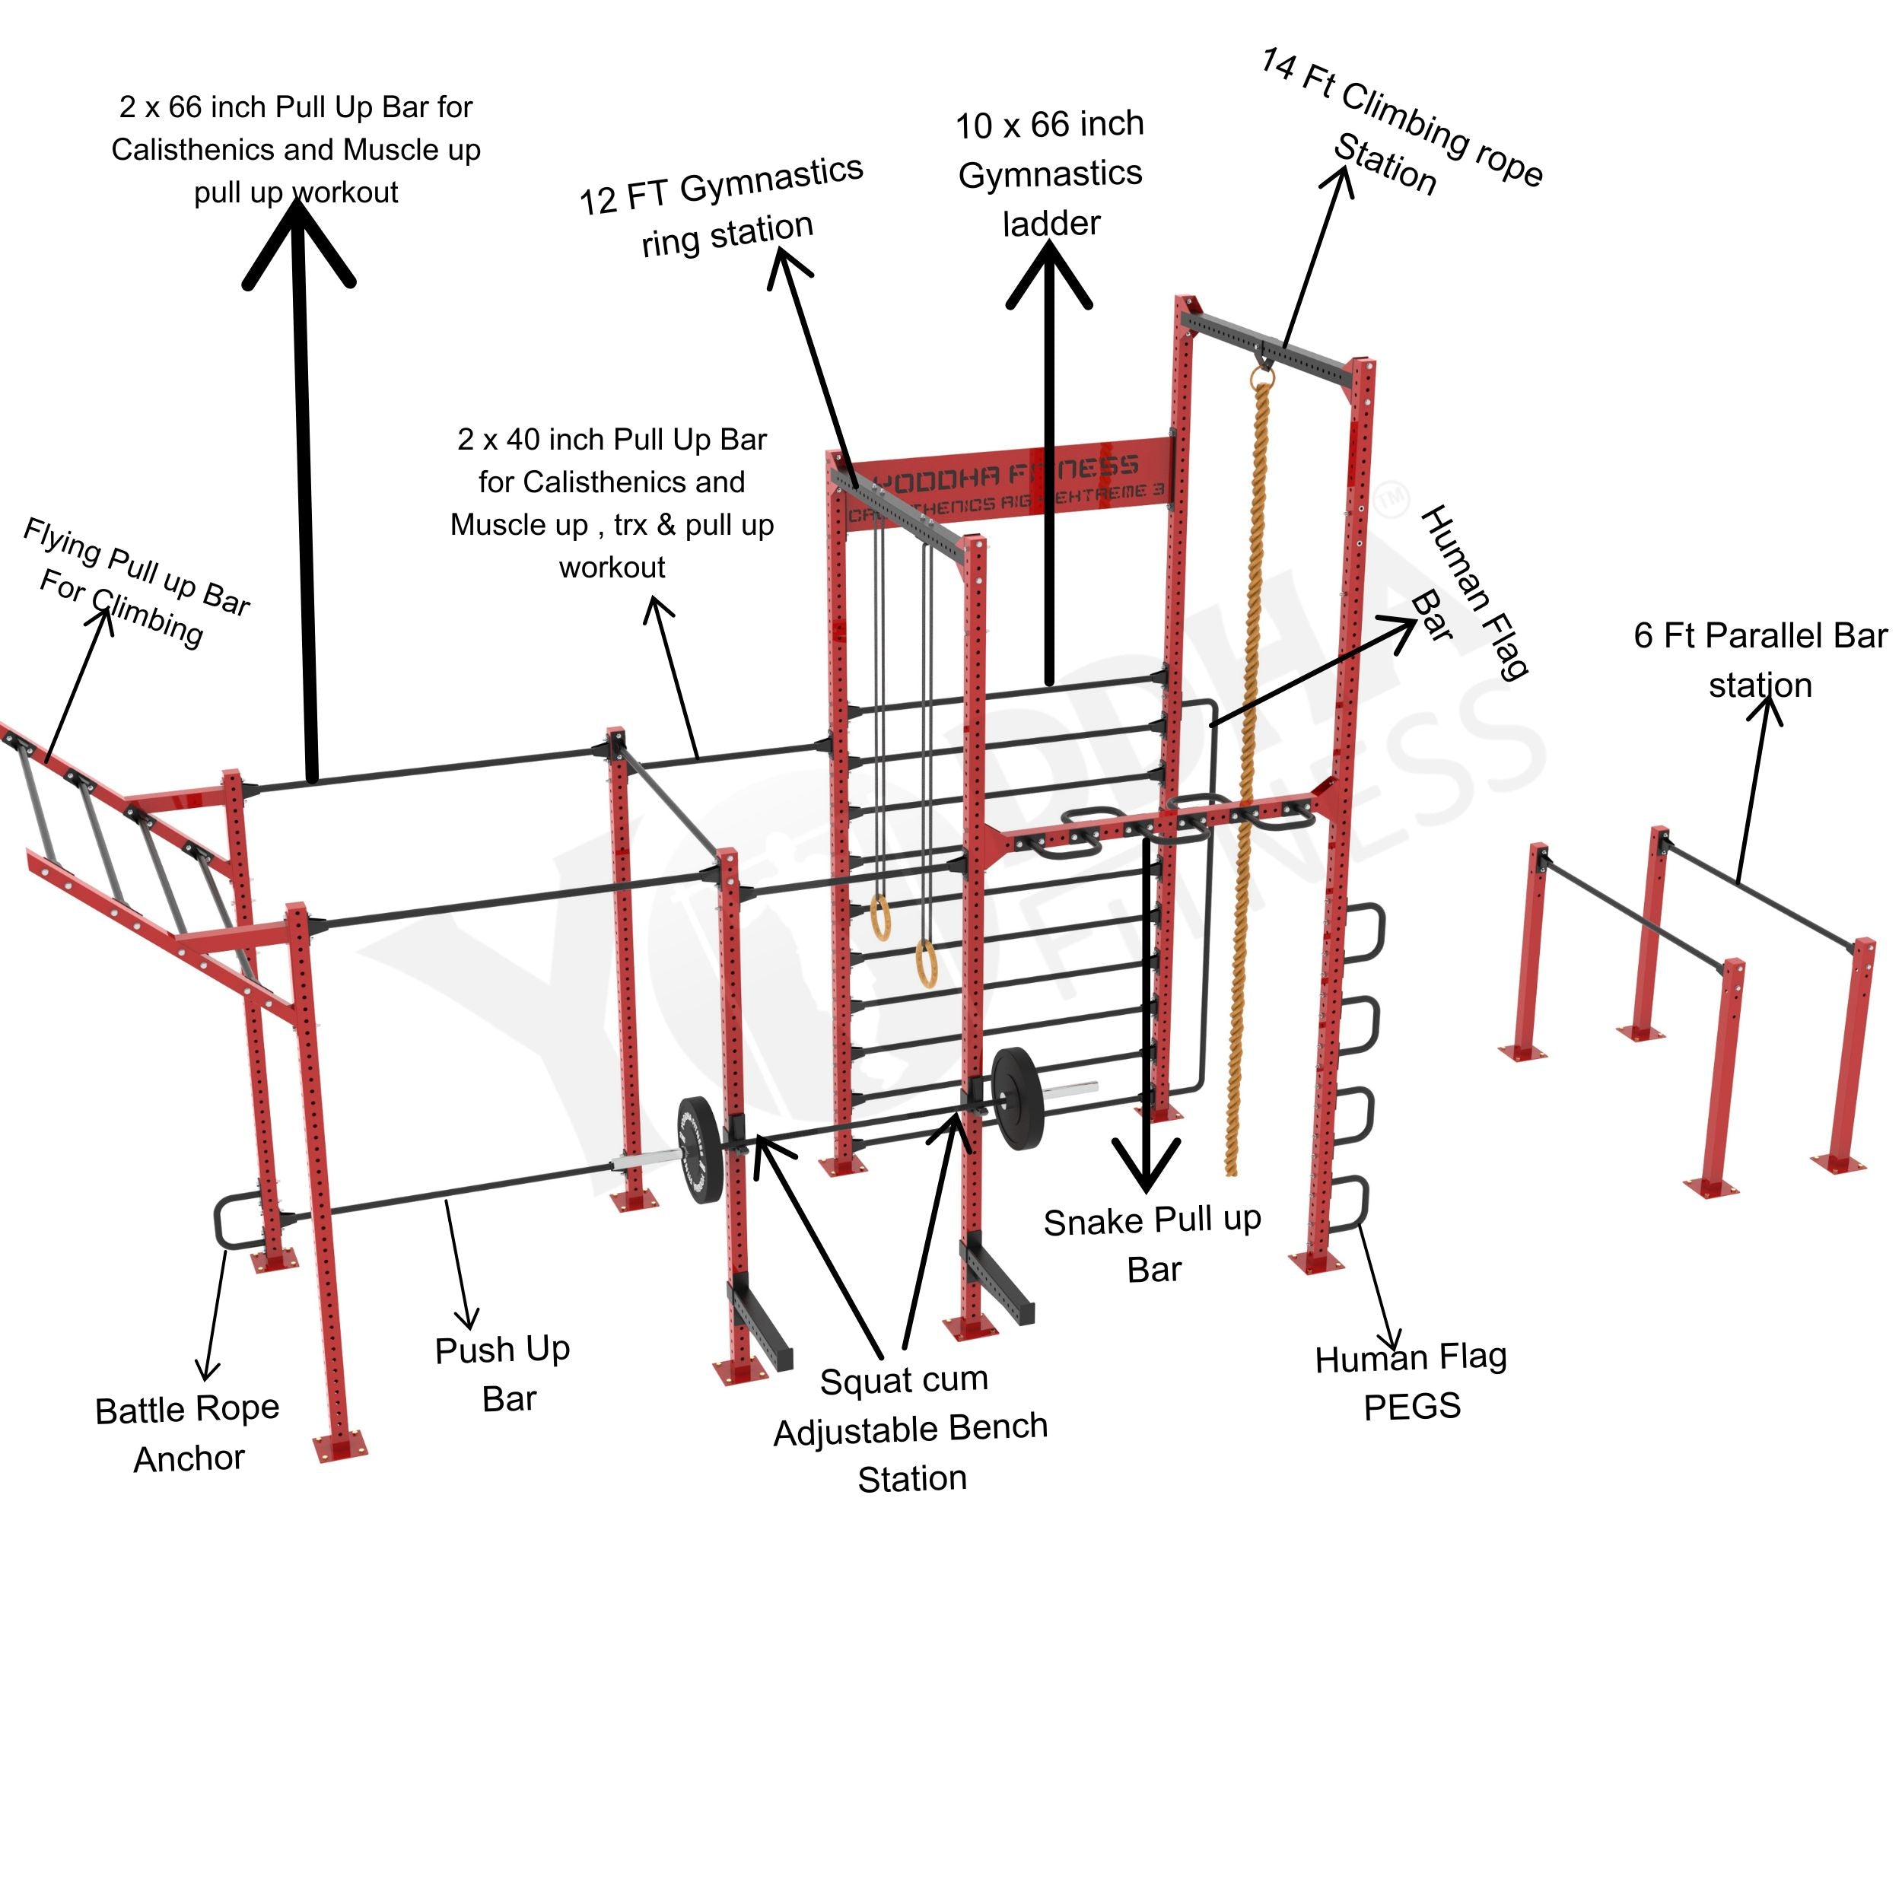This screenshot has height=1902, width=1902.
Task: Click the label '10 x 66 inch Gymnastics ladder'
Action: point(1049,173)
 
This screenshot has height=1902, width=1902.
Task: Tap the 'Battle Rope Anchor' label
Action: point(187,1433)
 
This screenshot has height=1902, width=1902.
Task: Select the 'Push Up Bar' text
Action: point(504,1373)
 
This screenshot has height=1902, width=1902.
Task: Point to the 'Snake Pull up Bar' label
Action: point(1152,1245)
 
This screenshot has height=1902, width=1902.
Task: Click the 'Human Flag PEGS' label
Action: point(1411,1381)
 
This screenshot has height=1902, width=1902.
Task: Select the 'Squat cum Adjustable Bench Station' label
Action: point(911,1429)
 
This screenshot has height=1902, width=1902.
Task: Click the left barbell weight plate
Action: point(699,1149)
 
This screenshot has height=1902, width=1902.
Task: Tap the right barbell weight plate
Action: point(1016,1098)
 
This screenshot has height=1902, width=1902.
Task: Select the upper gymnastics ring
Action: point(880,915)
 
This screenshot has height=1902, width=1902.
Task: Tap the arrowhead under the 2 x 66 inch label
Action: point(298,241)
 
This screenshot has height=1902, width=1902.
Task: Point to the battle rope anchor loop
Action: point(228,1223)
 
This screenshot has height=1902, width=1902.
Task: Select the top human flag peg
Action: point(1364,931)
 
